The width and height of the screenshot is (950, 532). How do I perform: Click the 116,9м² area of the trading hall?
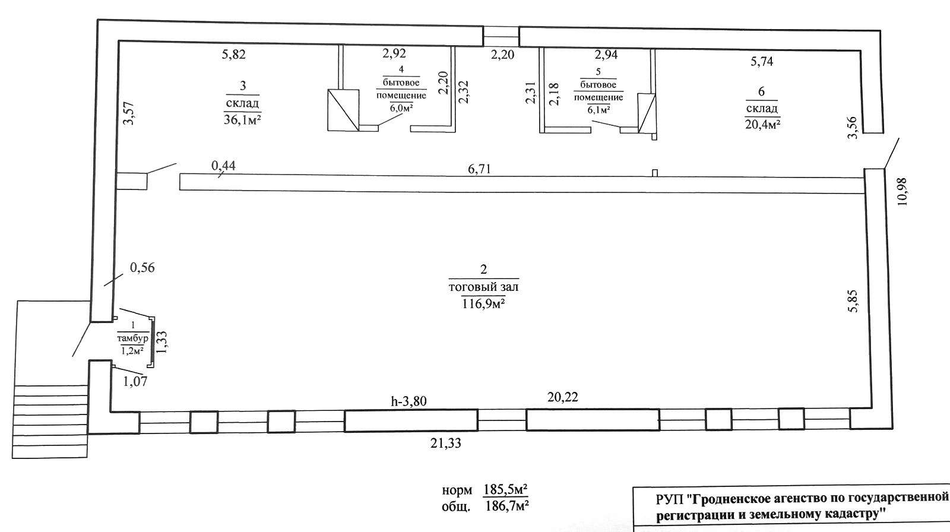point(483,304)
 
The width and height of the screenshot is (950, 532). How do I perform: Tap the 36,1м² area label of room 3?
point(242,119)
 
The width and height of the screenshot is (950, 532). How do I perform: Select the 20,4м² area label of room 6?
point(763,124)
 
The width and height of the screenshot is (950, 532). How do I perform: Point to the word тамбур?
point(133,338)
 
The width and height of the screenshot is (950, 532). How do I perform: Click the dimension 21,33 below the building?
point(446,444)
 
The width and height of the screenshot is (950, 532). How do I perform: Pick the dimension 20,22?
point(563,397)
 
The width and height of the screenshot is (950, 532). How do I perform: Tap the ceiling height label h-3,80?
point(409,401)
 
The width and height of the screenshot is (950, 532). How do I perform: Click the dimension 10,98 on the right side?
point(902,191)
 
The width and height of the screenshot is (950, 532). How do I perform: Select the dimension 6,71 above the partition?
point(479,169)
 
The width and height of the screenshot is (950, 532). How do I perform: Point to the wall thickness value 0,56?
point(142,268)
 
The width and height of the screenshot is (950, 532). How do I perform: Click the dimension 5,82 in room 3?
point(234,54)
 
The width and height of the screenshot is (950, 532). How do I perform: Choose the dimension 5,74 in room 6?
point(762,62)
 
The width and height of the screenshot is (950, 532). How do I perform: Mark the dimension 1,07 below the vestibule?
point(135,382)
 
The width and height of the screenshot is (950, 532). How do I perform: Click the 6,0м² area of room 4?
point(401,107)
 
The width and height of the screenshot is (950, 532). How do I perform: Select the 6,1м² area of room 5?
point(598,110)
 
